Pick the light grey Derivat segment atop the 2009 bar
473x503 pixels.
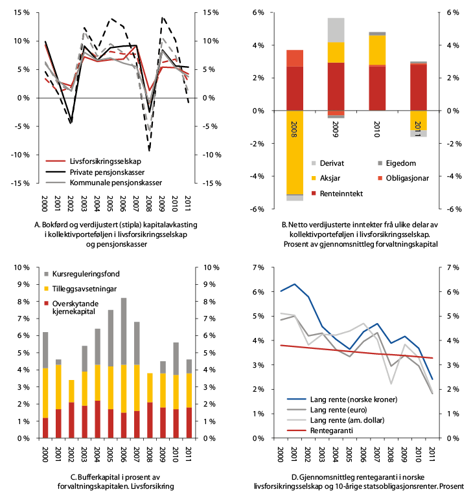point(336,30)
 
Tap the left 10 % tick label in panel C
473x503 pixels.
point(20,267)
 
